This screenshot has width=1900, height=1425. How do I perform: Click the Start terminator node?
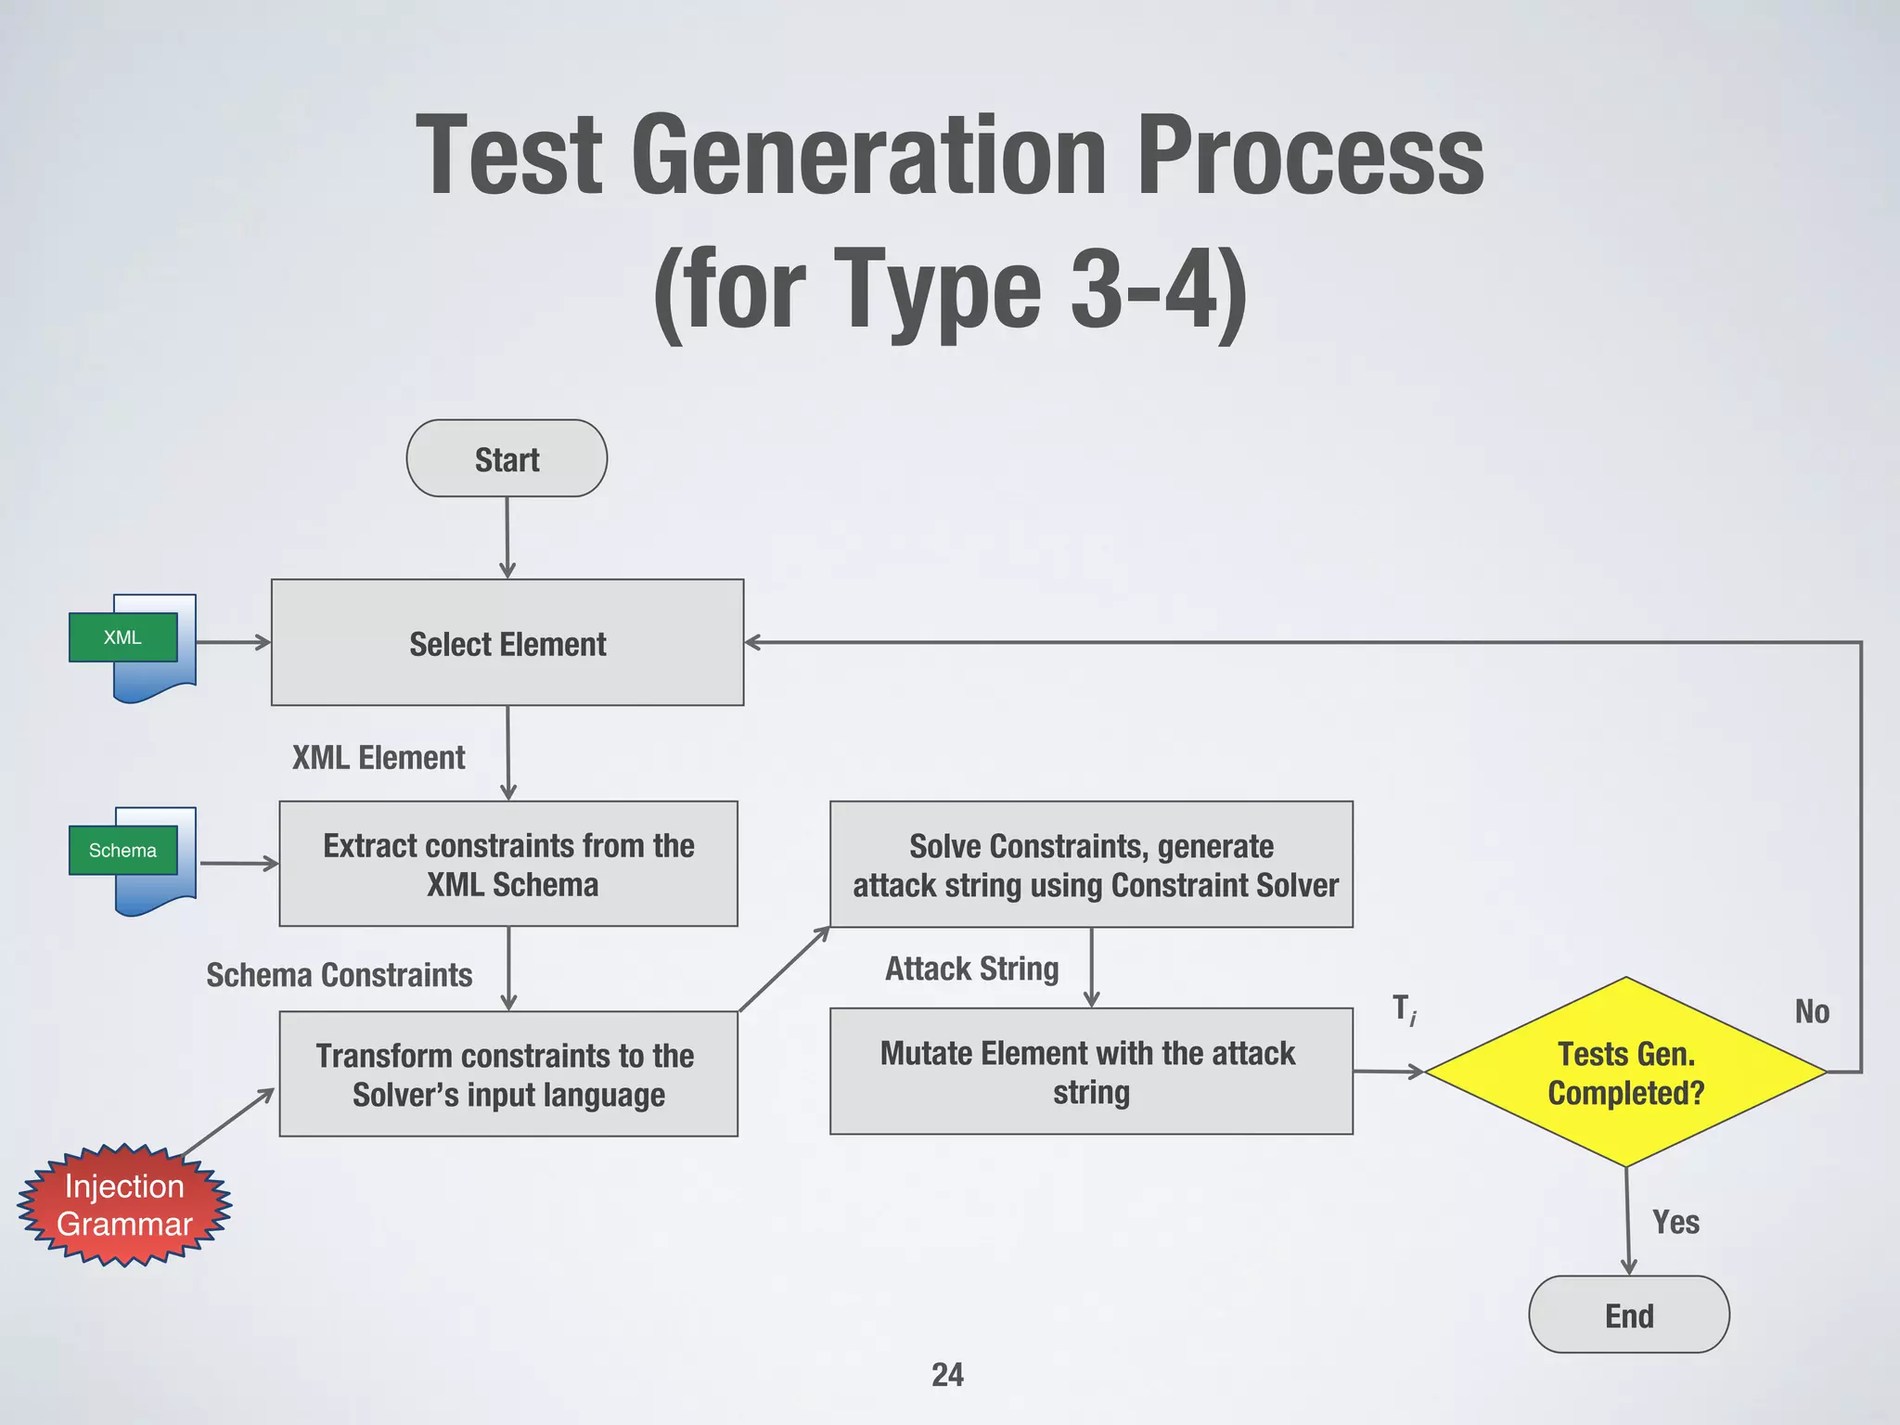(507, 458)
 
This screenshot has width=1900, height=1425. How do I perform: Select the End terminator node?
(1628, 1315)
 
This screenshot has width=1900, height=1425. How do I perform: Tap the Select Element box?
(507, 643)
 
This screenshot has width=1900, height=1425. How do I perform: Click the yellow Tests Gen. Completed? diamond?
(1625, 1072)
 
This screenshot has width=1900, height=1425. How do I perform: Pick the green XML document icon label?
(122, 637)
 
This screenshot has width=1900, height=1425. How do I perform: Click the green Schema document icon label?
(122, 850)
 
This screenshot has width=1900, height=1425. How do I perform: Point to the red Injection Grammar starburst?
(124, 1205)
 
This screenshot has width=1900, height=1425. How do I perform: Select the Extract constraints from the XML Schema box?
(508, 864)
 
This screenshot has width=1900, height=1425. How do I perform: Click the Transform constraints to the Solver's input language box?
(508, 1073)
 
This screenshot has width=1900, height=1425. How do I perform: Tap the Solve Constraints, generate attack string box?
(1091, 864)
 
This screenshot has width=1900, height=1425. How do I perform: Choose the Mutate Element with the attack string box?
(1091, 1072)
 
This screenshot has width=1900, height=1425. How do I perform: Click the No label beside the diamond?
(1811, 1011)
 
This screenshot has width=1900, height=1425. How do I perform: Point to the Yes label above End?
(1675, 1222)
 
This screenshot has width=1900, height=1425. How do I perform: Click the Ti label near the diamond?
(1404, 1008)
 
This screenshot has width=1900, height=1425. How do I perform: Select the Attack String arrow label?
(971, 969)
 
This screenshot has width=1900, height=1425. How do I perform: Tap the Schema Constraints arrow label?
(339, 975)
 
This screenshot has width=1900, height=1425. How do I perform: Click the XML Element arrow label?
(379, 758)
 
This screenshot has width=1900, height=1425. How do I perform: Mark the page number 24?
(947, 1374)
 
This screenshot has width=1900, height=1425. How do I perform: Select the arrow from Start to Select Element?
(507, 538)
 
